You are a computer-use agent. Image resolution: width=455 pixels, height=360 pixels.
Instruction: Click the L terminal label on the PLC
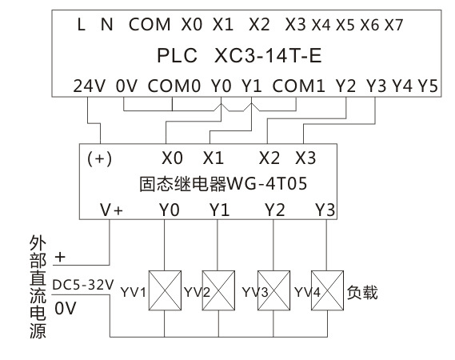82,24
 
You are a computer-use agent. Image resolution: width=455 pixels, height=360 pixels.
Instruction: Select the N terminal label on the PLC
107,24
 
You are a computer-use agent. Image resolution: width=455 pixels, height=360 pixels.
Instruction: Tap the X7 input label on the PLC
393,25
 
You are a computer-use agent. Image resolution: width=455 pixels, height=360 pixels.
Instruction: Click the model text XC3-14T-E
268,55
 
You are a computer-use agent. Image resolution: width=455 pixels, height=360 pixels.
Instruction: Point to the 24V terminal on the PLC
89,86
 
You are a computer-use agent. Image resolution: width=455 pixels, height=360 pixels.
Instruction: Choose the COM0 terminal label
174,86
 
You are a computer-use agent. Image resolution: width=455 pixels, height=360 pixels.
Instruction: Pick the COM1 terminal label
298,86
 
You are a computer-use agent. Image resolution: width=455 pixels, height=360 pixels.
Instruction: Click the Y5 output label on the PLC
428,86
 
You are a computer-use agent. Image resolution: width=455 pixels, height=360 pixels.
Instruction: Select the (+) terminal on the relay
99,159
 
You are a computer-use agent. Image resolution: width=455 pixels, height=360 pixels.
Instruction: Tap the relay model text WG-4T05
266,183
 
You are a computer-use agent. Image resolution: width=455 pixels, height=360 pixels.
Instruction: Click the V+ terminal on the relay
111,210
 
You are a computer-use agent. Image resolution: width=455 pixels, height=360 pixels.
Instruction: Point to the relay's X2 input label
269,158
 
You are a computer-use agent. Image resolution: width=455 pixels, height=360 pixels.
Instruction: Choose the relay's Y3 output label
325,210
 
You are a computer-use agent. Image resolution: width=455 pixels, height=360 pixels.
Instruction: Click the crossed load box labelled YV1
165,290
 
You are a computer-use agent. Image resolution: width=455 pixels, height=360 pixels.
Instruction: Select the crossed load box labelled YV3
273,290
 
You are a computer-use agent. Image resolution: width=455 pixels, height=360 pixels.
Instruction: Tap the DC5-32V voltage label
83,285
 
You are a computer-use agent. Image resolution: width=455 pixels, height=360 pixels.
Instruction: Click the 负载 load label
362,292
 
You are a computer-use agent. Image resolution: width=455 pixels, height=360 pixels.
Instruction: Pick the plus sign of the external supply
60,258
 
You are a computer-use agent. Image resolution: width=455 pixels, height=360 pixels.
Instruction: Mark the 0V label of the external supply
66,308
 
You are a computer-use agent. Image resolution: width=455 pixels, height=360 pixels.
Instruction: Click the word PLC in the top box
177,55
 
